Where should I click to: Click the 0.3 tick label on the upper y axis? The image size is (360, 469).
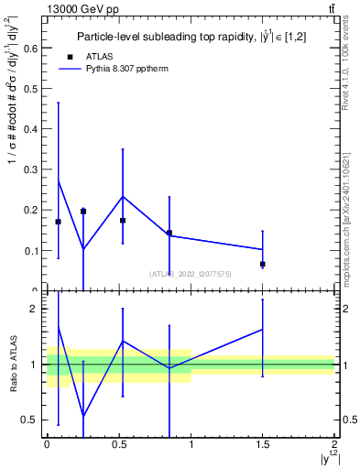[x=31, y=169]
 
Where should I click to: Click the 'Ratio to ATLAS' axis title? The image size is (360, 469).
[x=12, y=364]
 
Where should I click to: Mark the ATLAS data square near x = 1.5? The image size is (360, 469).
[x=263, y=264]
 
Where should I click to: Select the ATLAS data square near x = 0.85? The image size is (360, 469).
[x=169, y=233]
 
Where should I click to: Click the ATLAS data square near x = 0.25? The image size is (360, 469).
[x=83, y=211]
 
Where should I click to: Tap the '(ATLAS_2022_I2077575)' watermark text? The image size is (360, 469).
[x=191, y=273]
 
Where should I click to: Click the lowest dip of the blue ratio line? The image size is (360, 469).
[x=83, y=416]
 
